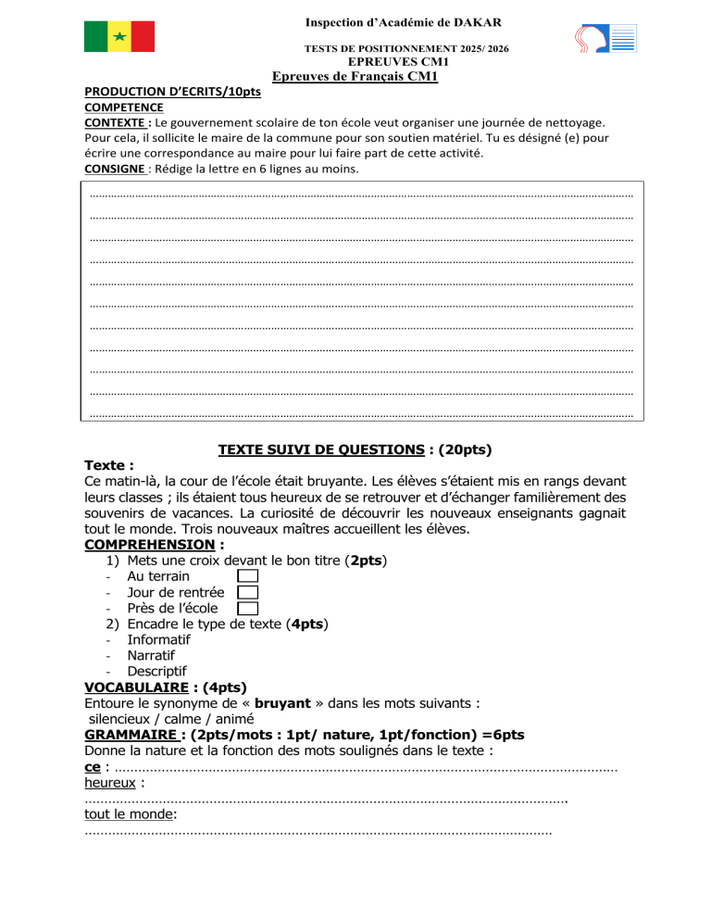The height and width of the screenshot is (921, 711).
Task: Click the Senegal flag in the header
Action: click(x=119, y=36)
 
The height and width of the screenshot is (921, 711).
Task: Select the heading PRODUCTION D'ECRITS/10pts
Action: click(x=172, y=93)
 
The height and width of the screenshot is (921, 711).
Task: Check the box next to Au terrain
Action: click(x=247, y=575)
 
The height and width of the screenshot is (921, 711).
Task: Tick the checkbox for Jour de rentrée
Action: click(x=247, y=592)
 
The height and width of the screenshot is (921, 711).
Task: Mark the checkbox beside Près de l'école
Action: click(x=247, y=609)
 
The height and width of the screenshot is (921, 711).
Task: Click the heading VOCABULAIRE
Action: click(x=138, y=688)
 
